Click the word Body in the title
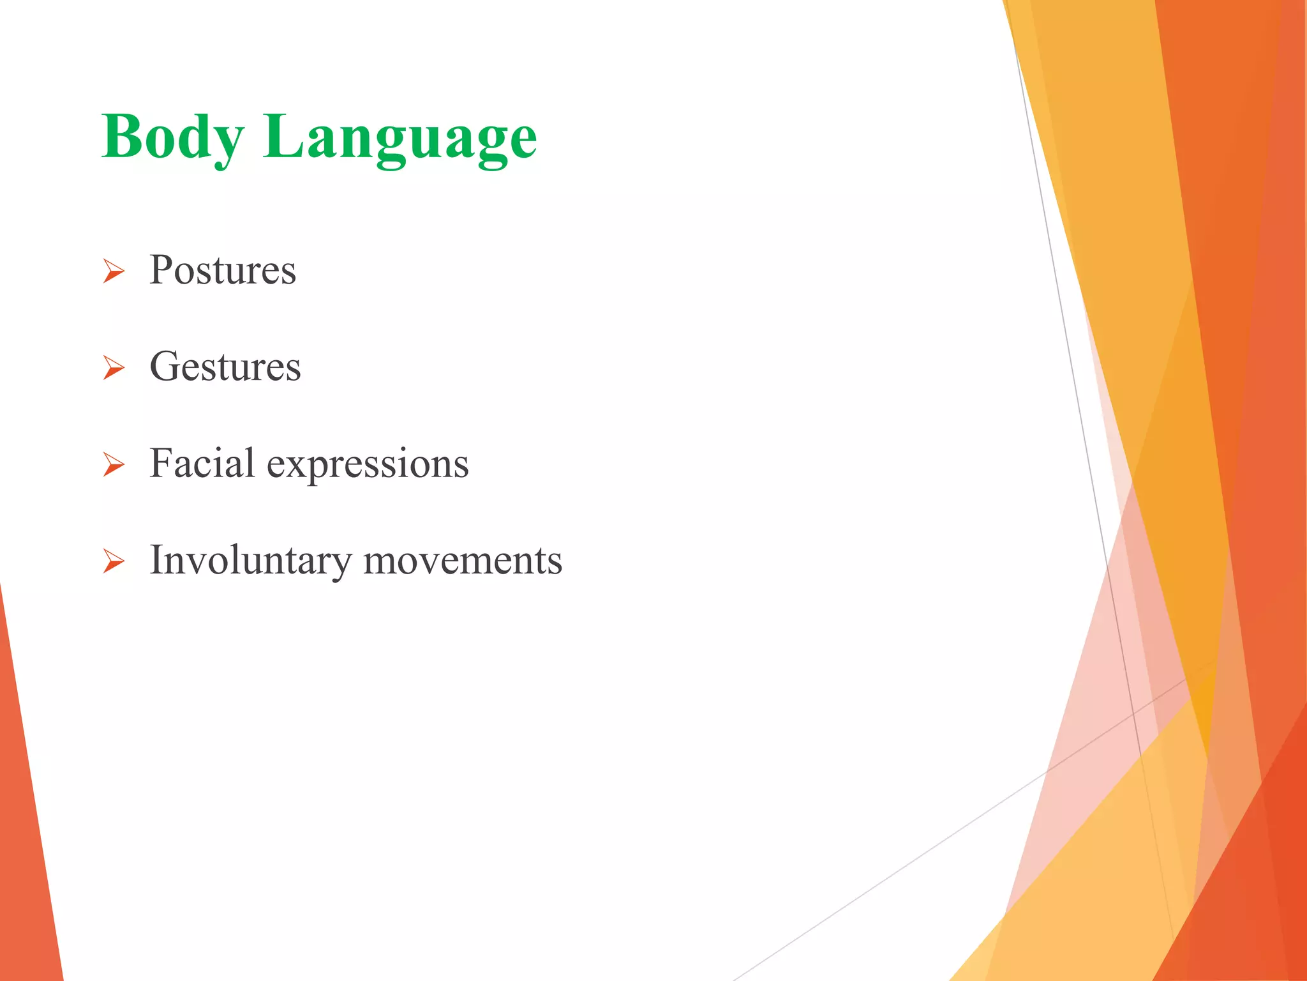(x=172, y=137)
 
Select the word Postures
(x=223, y=270)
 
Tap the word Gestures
(x=225, y=367)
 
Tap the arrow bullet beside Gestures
(x=114, y=369)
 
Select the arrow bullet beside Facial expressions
(x=114, y=466)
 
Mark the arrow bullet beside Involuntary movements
(x=114, y=562)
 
